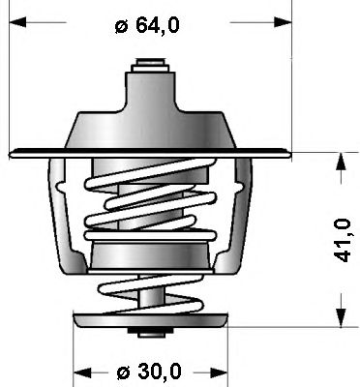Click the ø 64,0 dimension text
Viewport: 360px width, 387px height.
147,24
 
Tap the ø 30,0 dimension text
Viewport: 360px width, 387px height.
149,372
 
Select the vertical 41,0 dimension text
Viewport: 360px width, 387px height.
343,240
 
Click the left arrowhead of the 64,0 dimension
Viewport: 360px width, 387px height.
17,22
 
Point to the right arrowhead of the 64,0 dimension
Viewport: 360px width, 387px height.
283,22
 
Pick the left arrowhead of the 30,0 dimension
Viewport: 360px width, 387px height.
82,372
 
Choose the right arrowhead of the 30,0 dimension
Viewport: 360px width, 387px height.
220,372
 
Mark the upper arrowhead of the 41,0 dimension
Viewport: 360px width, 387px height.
341,163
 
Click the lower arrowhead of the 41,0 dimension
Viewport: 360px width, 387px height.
341,317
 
